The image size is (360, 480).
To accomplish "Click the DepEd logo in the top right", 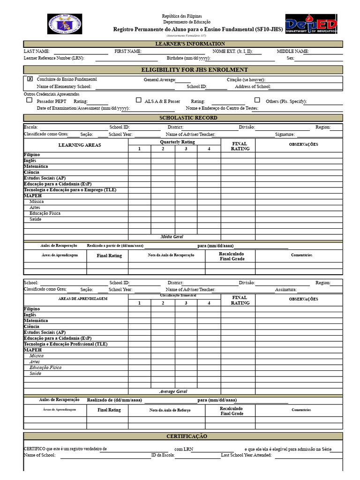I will click(311, 24).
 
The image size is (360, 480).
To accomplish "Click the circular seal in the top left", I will click(65, 24).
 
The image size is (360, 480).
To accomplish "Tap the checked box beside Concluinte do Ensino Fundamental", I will click(30, 79).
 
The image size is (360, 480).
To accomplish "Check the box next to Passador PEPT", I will click(29, 100).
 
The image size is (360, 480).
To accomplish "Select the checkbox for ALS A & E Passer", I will click(139, 100).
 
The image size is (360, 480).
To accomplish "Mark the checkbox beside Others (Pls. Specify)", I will click(257, 100).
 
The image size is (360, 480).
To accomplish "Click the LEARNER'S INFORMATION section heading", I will click(183, 44).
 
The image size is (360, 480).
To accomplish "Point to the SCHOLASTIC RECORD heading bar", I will click(183, 118).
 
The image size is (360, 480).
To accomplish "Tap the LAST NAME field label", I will click(37, 51).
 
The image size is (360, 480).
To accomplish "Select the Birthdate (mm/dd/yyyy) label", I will click(188, 58).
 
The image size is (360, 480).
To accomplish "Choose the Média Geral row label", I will click(172, 237).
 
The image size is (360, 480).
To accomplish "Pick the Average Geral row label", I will click(173, 391).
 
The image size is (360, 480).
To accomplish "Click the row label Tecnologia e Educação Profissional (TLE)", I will click(66, 344).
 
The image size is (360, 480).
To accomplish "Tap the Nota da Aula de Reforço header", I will click(170, 410).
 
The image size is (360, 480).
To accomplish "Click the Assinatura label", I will click(285, 290).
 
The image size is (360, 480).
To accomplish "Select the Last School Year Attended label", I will click(246, 455).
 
